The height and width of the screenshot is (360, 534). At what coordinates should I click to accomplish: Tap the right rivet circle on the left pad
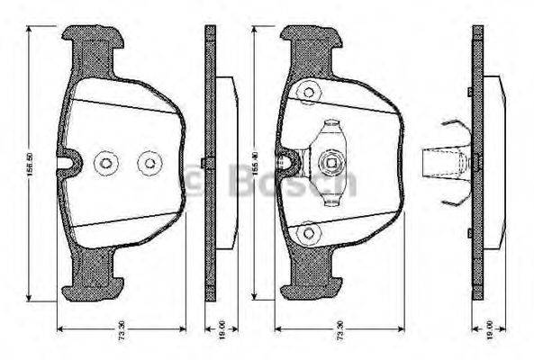(147, 163)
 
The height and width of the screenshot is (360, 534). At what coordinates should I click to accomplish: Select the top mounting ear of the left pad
(93, 37)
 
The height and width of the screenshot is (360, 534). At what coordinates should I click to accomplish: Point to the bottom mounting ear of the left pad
(93, 288)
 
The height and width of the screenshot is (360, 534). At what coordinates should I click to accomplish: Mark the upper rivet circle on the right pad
(310, 92)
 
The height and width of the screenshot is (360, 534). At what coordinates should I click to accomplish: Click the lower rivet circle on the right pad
(309, 232)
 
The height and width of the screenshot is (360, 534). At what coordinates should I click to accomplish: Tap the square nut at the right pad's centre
(330, 163)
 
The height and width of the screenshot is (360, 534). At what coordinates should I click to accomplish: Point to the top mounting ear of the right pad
(310, 38)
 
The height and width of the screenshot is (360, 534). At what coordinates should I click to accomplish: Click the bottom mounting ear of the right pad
(310, 287)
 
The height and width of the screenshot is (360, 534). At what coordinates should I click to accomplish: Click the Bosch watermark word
(297, 179)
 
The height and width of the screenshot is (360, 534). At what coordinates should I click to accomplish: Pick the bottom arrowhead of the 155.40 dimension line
(258, 296)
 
